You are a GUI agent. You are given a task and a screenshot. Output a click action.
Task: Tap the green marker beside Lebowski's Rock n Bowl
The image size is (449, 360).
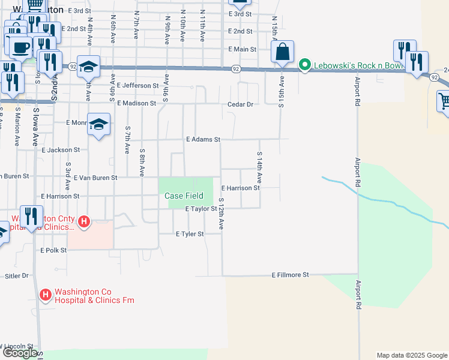(x=305, y=65)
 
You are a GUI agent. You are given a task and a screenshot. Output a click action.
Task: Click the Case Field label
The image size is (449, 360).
(x=184, y=196)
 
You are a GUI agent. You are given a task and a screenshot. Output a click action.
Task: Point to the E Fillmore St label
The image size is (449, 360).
(x=290, y=275)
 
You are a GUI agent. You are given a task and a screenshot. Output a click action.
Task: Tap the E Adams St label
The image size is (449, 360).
(x=203, y=139)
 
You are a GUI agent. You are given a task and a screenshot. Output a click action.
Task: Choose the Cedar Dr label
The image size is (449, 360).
(x=241, y=104)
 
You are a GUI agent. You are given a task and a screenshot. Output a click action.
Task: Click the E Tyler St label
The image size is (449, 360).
(x=190, y=233)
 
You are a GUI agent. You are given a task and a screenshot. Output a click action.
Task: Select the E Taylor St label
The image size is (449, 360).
(x=200, y=209)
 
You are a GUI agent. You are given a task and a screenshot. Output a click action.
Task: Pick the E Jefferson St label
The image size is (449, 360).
(x=137, y=85)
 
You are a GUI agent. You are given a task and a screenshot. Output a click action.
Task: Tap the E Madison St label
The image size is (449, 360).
(x=136, y=103)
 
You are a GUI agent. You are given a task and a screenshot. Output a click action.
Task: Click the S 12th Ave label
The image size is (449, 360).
(x=221, y=214)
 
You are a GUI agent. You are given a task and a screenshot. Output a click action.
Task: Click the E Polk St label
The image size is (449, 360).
(x=53, y=250)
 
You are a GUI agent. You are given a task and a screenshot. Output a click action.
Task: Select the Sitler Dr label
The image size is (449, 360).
(x=17, y=276)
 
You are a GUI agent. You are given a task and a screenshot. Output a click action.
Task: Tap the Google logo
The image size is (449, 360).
(x=19, y=353)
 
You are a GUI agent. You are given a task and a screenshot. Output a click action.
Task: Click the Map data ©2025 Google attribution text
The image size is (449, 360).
(x=411, y=355)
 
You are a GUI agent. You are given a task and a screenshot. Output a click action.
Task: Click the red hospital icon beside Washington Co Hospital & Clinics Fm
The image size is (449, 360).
(x=45, y=295)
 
